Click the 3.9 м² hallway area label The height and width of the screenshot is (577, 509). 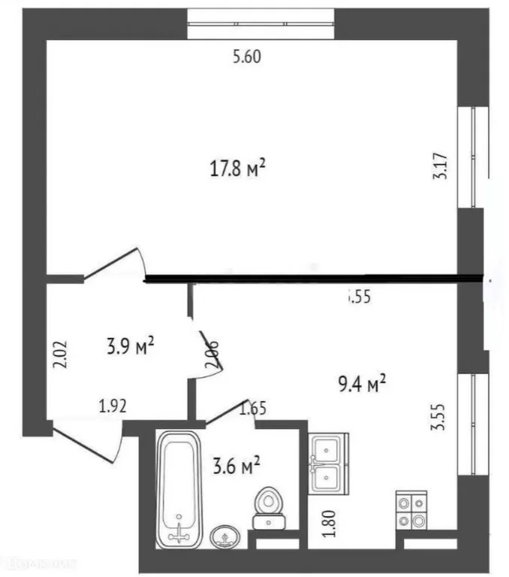pyautogui.click(x=130, y=346)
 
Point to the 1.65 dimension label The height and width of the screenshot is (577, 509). pyautogui.click(x=253, y=409)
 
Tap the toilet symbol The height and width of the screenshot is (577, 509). pyautogui.click(x=268, y=508)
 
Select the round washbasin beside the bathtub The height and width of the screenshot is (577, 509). pyautogui.click(x=222, y=536)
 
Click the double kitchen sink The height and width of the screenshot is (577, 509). pyautogui.click(x=328, y=464)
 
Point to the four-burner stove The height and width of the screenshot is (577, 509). pyautogui.click(x=411, y=511)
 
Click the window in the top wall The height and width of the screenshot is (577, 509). pyautogui.click(x=261, y=23)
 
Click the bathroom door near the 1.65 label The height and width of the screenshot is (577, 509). pyautogui.click(x=229, y=410)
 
